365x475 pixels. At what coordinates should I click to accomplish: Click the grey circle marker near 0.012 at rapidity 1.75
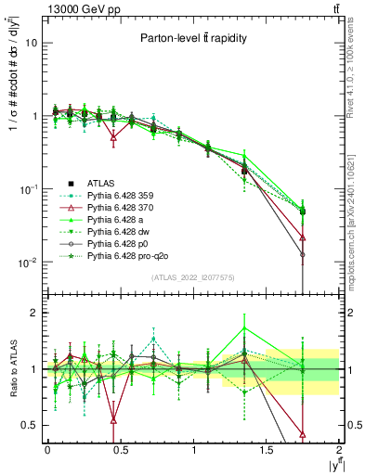point(304,254)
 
